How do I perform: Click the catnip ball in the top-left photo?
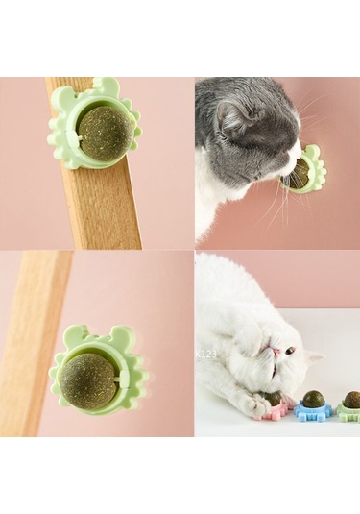pyautogui.click(x=104, y=133)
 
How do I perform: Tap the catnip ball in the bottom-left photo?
pyautogui.click(x=89, y=380)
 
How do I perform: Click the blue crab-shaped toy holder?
pyautogui.click(x=311, y=410)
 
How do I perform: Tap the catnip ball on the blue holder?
pyautogui.click(x=313, y=398)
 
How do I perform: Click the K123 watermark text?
pyautogui.click(x=206, y=354)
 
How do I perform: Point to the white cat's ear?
pyautogui.click(x=313, y=359)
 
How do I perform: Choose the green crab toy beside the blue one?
pyautogui.click(x=348, y=410)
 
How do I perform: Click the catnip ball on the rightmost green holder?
pyautogui.click(x=351, y=398)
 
